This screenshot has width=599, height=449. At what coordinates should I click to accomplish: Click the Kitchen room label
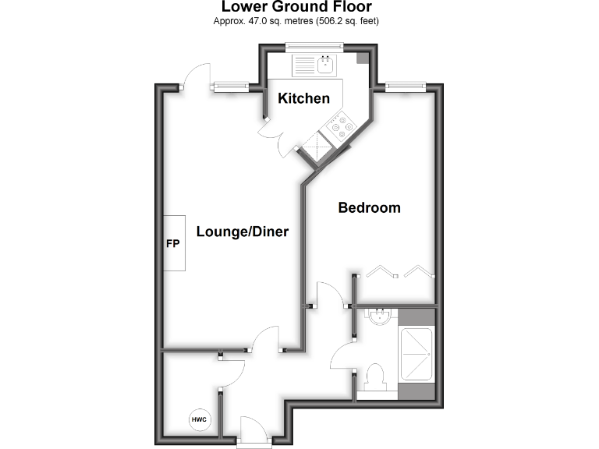[x=304, y=98]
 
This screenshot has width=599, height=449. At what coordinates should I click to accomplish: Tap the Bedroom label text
[x=369, y=207]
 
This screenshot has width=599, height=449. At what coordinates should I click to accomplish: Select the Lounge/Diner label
[x=243, y=232]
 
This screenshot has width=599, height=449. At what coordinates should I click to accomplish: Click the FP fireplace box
[x=174, y=243]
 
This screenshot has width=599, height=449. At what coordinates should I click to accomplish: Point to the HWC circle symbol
[x=198, y=420]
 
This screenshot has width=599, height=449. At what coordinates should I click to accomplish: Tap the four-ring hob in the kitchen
[x=340, y=126]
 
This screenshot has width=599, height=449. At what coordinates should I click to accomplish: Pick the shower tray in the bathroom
[x=415, y=354]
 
